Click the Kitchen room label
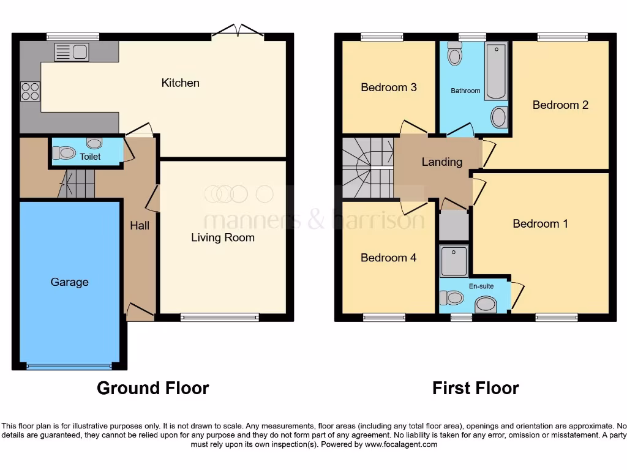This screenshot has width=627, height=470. [x=180, y=83]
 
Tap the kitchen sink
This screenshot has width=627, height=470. [x=71, y=53]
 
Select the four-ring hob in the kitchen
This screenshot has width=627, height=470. [x=31, y=91]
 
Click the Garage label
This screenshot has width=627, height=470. [x=69, y=282]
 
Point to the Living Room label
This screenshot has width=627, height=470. [x=222, y=237]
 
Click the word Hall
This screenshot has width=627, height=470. [x=140, y=226]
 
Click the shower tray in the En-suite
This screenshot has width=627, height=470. [x=453, y=261]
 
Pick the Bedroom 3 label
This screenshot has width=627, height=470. [x=388, y=88]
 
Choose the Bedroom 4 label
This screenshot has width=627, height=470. [x=388, y=258]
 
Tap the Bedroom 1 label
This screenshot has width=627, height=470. [x=540, y=224]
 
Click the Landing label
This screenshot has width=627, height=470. [x=441, y=162]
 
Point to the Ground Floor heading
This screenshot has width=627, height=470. [x=152, y=388]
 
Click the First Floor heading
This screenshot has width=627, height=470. [x=475, y=388]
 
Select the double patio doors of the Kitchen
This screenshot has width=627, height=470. [x=239, y=31]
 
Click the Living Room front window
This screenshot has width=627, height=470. [x=220, y=317]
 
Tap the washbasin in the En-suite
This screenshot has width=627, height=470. [x=486, y=304]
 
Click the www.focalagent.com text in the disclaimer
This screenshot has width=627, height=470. [x=400, y=445]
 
